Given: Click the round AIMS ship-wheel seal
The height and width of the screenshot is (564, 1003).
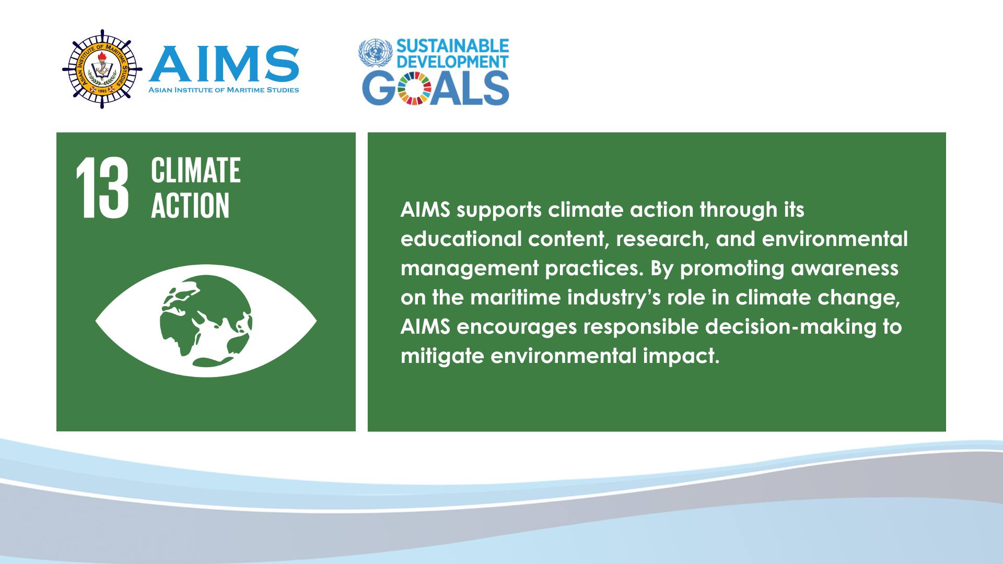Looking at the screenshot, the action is click(102, 69).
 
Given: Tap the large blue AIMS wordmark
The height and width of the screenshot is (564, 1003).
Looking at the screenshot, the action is click(224, 64).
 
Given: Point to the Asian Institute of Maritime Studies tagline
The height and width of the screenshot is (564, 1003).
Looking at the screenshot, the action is click(224, 90).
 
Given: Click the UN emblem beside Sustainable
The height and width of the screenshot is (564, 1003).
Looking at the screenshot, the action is click(375, 53).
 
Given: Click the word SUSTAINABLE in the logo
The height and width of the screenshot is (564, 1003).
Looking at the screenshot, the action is click(452, 46).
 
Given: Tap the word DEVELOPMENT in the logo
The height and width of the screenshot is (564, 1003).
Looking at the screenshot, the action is click(452, 62).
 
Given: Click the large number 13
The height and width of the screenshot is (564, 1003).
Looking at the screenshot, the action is click(102, 187).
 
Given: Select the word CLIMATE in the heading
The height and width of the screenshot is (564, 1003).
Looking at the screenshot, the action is click(196, 170).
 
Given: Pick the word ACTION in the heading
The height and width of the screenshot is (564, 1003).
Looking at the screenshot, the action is click(190, 205).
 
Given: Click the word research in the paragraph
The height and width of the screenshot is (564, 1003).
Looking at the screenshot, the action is click(663, 239).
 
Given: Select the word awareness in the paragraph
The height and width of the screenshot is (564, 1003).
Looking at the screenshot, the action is click(845, 268).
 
